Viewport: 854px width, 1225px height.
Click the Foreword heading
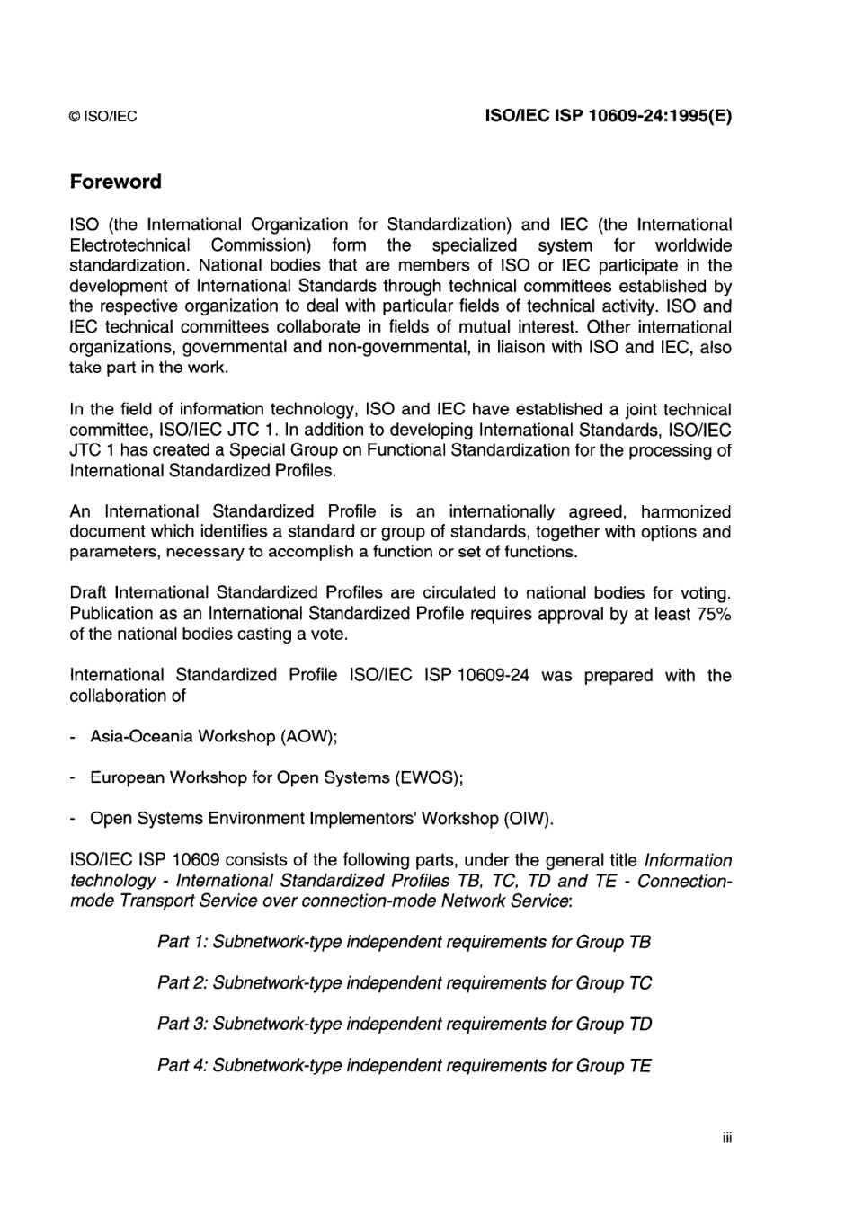point(115,182)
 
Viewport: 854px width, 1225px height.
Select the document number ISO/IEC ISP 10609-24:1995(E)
point(608,116)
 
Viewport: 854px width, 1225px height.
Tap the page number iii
point(726,1139)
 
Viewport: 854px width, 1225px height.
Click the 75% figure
point(714,614)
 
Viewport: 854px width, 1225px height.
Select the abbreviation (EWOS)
point(429,777)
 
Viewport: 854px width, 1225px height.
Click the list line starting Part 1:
point(404,942)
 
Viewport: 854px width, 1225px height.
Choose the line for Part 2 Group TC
point(404,983)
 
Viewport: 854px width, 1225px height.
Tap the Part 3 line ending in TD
point(404,1025)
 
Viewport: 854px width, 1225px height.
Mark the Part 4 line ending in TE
point(404,1066)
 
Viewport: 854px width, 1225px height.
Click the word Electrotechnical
point(129,245)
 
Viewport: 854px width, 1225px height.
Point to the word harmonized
point(686,511)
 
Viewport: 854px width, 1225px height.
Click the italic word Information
point(688,860)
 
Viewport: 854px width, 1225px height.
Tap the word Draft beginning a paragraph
point(87,593)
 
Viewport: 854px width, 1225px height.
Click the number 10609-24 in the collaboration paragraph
point(493,675)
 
